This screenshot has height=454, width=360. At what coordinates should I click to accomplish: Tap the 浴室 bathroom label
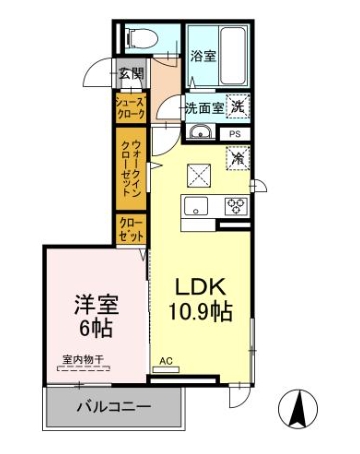click(204, 56)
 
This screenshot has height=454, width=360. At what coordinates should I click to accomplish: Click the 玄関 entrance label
click(131, 73)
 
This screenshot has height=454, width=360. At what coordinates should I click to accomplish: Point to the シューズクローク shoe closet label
click(131, 107)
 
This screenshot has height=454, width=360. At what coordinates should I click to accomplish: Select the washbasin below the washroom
click(199, 133)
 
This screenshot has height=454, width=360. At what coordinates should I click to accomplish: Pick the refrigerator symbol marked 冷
click(238, 158)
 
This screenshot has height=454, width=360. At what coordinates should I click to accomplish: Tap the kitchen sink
click(194, 207)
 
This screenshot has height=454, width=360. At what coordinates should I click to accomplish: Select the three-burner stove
click(236, 207)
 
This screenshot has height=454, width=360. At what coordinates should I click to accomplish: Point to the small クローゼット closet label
click(131, 229)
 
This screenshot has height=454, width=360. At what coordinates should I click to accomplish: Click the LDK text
click(199, 282)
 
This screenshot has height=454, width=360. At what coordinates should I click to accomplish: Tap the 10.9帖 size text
click(199, 311)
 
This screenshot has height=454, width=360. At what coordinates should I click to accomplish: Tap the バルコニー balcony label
click(114, 408)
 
